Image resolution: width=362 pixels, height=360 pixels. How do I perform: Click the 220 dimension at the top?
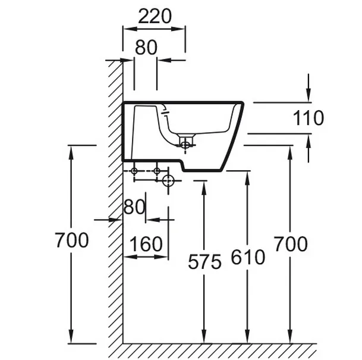point(155,15)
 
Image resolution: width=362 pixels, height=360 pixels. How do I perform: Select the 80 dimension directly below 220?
point(146,47)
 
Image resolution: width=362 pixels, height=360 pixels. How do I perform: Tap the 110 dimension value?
point(309,118)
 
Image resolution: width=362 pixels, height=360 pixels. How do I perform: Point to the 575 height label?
point(204,261)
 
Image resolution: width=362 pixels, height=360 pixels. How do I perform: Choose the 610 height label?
point(247,258)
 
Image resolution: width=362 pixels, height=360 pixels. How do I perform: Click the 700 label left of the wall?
point(71,240)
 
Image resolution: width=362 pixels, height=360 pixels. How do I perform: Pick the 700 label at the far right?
point(291,243)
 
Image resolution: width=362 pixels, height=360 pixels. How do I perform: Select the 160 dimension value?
point(146,244)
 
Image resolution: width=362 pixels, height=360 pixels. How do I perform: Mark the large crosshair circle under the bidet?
point(169,180)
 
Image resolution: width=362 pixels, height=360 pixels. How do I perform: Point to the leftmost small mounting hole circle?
point(134,171)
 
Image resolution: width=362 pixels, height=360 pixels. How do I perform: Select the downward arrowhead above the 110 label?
point(309,95)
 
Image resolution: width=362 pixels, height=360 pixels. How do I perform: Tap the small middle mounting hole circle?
point(157,171)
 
